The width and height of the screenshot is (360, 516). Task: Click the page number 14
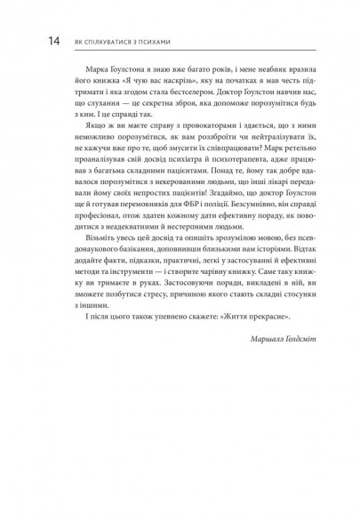point(29,41)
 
